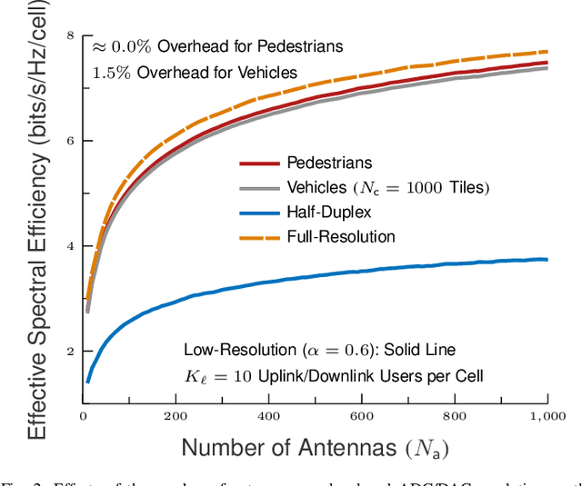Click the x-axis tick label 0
(83, 414)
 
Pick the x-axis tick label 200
(176, 414)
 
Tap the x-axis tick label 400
(269, 414)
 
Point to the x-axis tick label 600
(362, 414)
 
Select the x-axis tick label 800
(455, 414)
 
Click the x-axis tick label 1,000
(546, 414)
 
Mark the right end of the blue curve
(547, 260)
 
